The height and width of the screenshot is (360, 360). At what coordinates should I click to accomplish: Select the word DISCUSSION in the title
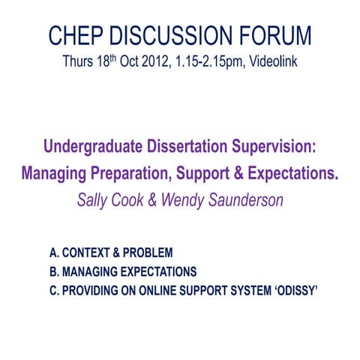pos(171,35)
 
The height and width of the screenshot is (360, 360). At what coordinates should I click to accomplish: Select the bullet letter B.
pos(52,271)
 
